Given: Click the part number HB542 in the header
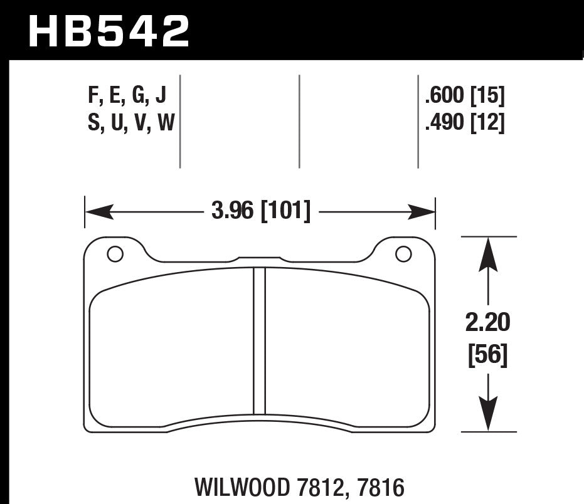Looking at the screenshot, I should [x=108, y=31].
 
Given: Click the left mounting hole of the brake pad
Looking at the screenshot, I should [x=115, y=254].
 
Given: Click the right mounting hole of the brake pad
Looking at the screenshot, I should [x=403, y=254].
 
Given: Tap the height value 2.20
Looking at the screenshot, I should [x=488, y=323].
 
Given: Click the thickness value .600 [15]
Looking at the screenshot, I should [x=464, y=96].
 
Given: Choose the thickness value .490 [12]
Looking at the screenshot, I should [x=464, y=124].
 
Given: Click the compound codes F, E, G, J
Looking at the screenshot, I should [x=127, y=96].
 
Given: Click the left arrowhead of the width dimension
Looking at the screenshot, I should [x=98, y=212].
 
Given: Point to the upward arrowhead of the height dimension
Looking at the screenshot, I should [x=488, y=255].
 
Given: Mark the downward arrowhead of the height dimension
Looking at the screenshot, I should [x=488, y=415].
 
